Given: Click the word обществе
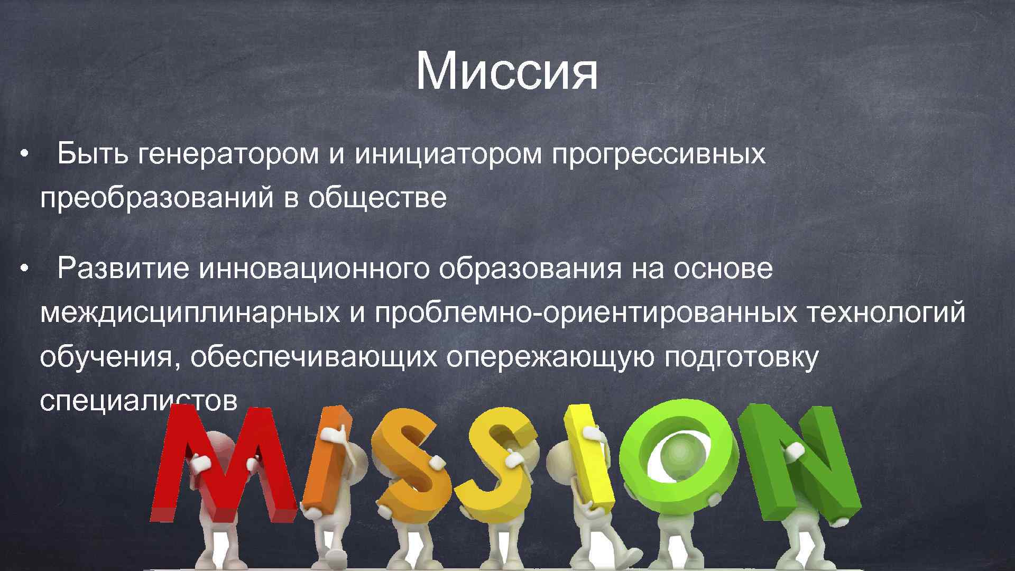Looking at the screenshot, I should point(377,198).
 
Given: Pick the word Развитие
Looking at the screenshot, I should point(123,269).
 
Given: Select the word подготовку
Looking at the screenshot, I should point(741,357).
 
